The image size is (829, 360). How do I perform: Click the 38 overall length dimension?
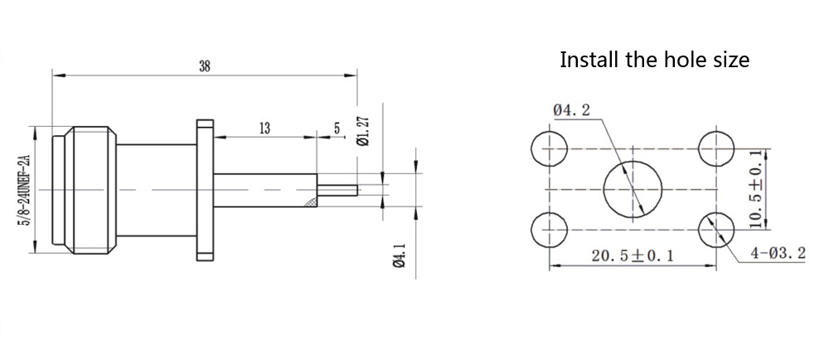pyautogui.click(x=204, y=67)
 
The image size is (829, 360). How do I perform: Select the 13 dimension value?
pyautogui.click(x=265, y=129)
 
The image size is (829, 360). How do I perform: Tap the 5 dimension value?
pyautogui.click(x=337, y=128)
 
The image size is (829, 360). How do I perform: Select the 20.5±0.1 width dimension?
pyautogui.click(x=632, y=255)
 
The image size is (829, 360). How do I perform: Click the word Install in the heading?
pyautogui.click(x=589, y=60)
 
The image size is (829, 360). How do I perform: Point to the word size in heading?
pyautogui.click(x=730, y=60)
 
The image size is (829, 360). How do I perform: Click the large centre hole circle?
pyautogui.click(x=632, y=189)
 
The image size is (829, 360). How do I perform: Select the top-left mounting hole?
pyautogui.click(x=547, y=149)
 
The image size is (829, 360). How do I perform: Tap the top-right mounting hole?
pyautogui.click(x=715, y=149)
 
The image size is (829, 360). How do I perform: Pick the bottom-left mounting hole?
pyautogui.click(x=547, y=228)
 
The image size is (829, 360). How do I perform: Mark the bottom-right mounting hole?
pyautogui.click(x=715, y=228)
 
